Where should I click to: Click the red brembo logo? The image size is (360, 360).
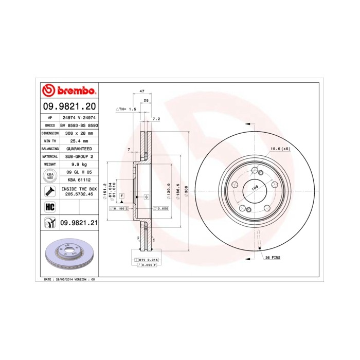pyautogui.click(x=68, y=92)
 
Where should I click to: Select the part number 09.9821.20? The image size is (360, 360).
pyautogui.click(x=68, y=107)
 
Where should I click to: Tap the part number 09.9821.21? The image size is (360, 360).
pyautogui.click(x=78, y=222)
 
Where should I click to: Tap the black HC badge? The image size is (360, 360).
pyautogui.click(x=50, y=207)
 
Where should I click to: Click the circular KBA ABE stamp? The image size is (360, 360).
pyautogui.click(x=50, y=175)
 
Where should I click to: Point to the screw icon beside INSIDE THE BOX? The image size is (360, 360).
pyautogui.click(x=50, y=192)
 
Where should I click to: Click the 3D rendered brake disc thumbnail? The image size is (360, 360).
pyautogui.click(x=68, y=255)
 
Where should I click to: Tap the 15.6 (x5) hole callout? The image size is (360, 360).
pyautogui.click(x=280, y=149)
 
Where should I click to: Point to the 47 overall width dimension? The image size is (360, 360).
pyautogui.click(x=135, y=91)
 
